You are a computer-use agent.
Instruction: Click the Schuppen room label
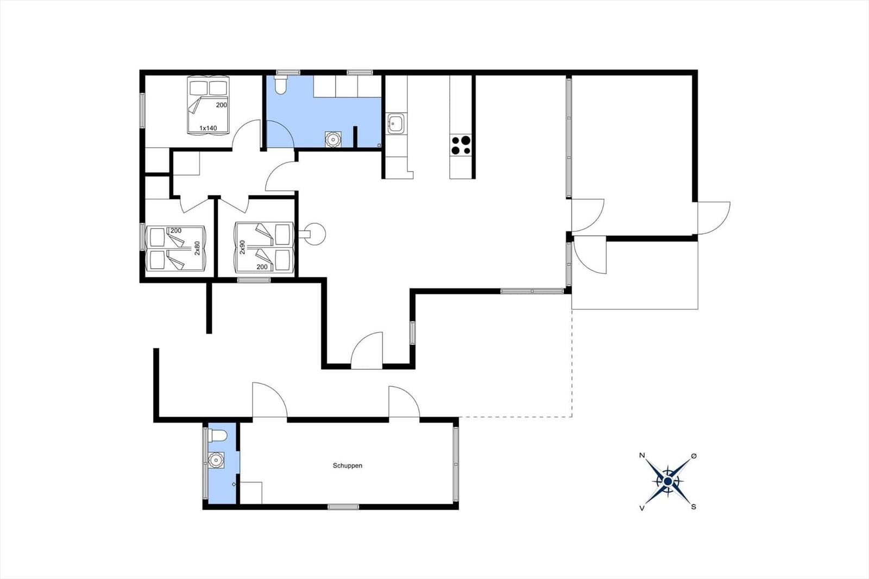(348, 465)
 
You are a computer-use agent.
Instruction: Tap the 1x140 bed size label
(209, 128)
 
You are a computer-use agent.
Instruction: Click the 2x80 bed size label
(197, 248)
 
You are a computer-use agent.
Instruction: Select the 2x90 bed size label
(242, 247)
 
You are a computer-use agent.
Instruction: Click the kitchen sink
(396, 124)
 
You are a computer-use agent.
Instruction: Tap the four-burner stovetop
(461, 145)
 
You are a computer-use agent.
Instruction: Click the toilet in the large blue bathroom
(280, 85)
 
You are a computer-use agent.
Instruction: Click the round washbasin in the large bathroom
(333, 139)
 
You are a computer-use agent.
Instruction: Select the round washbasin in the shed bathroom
(216, 460)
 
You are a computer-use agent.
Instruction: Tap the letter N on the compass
(642, 456)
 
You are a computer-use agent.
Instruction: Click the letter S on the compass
(694, 507)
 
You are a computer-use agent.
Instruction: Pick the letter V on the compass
(642, 508)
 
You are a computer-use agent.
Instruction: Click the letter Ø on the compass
(694, 456)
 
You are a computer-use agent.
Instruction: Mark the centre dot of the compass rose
(668, 482)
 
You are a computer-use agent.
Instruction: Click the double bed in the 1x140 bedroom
(209, 105)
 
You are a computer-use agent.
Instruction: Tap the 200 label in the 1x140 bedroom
(222, 105)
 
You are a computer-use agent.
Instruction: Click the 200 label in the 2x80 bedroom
(176, 230)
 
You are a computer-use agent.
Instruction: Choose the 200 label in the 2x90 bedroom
(262, 267)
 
